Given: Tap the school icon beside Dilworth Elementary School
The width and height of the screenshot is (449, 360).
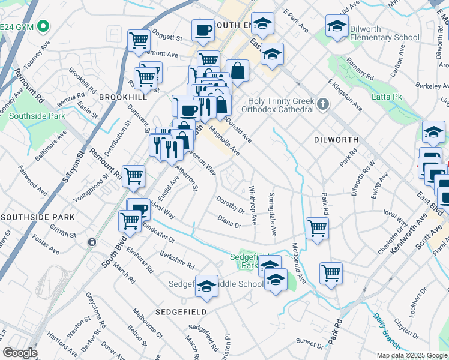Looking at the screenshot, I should [x=337, y=26].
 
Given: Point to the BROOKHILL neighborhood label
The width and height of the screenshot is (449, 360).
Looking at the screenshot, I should [x=122, y=97].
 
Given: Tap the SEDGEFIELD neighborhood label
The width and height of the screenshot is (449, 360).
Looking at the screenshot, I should [x=181, y=312].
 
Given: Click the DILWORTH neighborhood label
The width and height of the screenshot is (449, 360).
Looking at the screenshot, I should [x=336, y=140].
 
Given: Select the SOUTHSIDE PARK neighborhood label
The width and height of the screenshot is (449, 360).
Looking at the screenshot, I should [x=38, y=217].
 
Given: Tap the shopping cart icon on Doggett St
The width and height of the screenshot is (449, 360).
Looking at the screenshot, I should [x=139, y=40].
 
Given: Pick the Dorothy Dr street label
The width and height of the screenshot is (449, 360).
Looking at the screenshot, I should [x=231, y=207].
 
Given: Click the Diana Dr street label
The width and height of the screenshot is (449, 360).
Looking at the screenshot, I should [x=229, y=223].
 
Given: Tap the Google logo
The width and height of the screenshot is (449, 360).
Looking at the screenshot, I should [x=20, y=353].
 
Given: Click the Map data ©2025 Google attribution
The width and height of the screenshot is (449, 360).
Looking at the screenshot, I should [x=411, y=355].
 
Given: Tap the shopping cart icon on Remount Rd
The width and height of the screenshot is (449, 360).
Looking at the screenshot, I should [x=133, y=176].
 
